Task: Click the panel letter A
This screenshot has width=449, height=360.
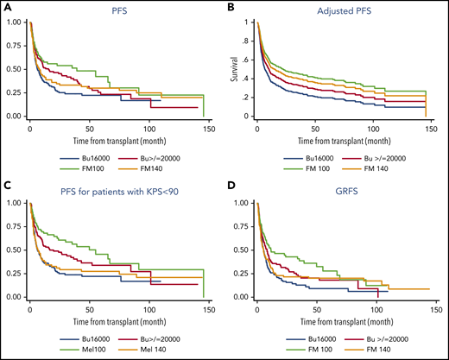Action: (8, 8)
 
